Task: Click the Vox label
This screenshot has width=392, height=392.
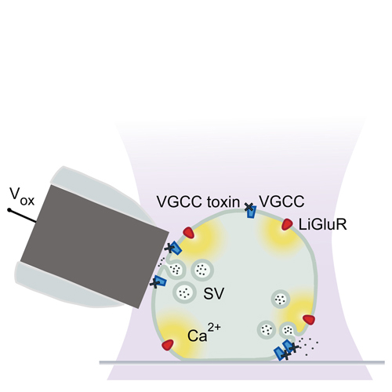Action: (x=22, y=197)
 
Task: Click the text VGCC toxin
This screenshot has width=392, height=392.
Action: (x=198, y=201)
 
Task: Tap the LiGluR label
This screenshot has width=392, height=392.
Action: (x=322, y=224)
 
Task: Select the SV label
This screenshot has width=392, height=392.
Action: (x=214, y=293)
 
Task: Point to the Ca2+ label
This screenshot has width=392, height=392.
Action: (x=204, y=332)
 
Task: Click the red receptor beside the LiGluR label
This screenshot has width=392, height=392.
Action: (x=287, y=224)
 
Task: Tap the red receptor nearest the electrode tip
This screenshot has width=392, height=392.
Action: (x=189, y=233)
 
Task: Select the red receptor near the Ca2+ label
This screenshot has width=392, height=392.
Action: (x=168, y=345)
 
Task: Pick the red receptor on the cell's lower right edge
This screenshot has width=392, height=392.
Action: (x=309, y=320)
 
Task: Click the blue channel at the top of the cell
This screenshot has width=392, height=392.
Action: (x=252, y=212)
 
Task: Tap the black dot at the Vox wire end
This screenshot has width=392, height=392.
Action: (x=9, y=210)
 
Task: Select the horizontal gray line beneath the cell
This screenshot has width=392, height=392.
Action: (x=241, y=362)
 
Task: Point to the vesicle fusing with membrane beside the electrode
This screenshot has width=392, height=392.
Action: (x=176, y=268)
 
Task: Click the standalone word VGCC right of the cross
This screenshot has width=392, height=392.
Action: (x=281, y=201)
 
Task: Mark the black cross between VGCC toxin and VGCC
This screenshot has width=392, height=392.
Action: (x=249, y=207)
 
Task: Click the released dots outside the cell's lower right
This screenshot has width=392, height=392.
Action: (x=309, y=345)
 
